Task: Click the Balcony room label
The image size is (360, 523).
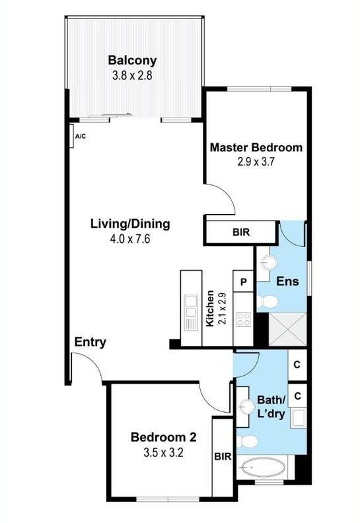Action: (132, 61)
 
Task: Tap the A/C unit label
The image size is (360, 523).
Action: (81, 137)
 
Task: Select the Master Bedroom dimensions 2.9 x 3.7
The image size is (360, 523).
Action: (256, 162)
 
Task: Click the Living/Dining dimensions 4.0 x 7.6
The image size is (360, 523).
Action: (129, 239)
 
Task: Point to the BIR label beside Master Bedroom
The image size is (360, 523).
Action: (241, 232)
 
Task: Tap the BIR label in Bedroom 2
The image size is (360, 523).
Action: (223, 456)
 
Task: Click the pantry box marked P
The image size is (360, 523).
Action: (244, 282)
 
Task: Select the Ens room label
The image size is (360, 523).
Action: (287, 281)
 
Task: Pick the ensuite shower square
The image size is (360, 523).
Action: (287, 330)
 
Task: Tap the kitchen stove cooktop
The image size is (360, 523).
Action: (243, 319)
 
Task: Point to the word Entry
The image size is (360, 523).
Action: (90, 342)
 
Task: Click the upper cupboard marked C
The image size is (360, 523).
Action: (297, 365)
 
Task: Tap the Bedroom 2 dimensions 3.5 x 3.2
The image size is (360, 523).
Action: (163, 453)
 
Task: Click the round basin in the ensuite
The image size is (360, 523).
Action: (269, 262)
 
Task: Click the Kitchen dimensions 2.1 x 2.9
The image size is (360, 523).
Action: (222, 308)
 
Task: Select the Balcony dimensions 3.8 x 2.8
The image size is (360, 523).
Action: (132, 76)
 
